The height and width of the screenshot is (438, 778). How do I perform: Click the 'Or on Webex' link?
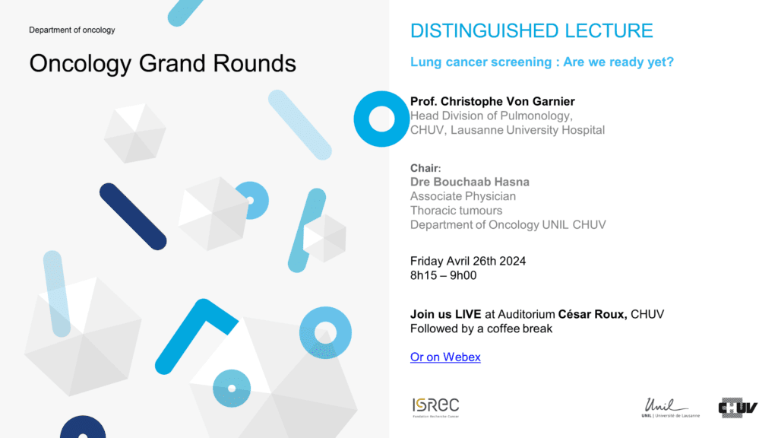click(445, 357)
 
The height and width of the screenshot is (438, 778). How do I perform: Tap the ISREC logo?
click(435, 408)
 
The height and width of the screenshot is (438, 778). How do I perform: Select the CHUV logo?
click(738, 408)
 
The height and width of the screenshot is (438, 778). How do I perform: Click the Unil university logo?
click(670, 408)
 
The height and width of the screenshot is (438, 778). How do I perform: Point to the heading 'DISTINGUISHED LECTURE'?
click(531, 30)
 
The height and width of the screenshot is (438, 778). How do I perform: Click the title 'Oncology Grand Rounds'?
click(163, 64)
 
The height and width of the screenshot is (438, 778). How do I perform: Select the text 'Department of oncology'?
click(72, 30)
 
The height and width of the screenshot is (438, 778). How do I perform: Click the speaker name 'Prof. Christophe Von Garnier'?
click(492, 101)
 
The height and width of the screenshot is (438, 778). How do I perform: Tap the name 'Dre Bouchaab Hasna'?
click(470, 182)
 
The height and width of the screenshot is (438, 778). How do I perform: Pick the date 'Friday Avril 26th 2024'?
click(468, 262)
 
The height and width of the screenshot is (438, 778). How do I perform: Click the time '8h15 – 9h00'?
click(443, 275)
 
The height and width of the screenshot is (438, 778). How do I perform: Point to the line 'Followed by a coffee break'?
click(481, 328)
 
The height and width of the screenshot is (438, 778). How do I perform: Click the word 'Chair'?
click(424, 168)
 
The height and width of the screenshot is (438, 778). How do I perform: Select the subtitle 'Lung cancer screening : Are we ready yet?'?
click(542, 62)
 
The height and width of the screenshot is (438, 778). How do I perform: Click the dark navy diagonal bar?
click(133, 217)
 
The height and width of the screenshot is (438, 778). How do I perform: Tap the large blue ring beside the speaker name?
click(359, 119)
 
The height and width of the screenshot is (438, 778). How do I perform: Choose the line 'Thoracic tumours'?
click(456, 211)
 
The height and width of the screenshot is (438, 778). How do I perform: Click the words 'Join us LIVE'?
click(445, 314)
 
